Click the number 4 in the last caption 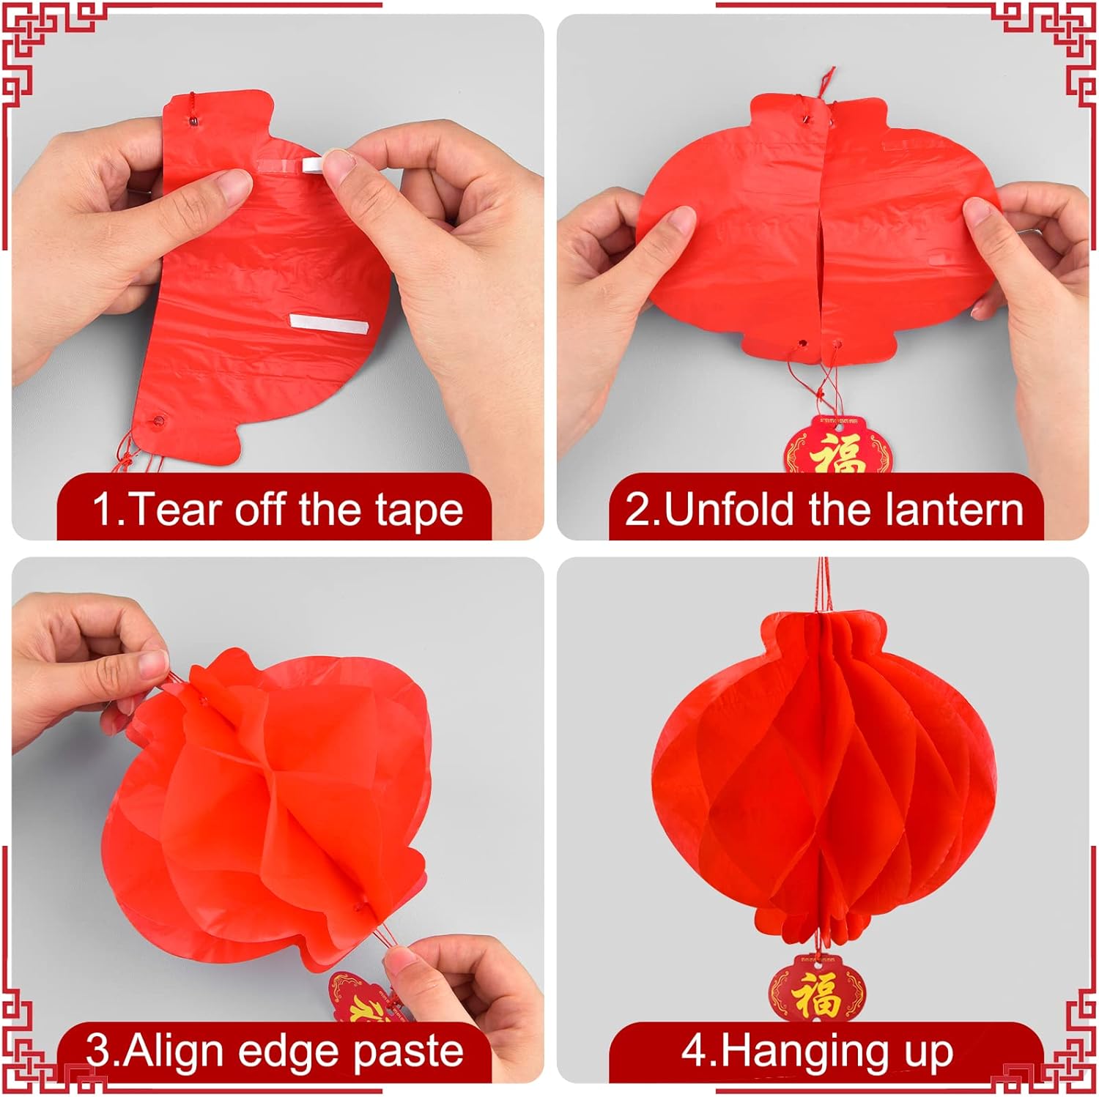(x=693, y=1052)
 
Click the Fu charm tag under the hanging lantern (x=816, y=989)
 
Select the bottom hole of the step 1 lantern (x=158, y=421)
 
